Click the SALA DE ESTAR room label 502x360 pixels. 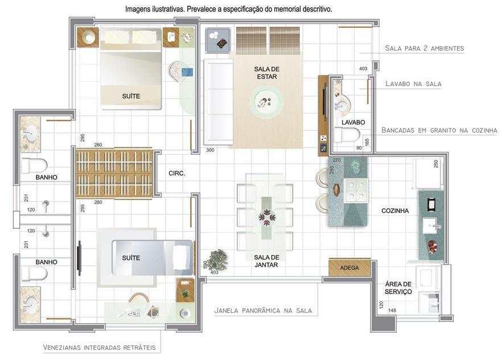(267, 73)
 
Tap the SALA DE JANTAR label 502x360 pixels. (266, 260)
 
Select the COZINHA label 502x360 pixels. (395, 211)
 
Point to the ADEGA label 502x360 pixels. (349, 268)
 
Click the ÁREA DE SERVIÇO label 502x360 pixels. (398, 288)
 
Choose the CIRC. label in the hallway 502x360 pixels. (177, 173)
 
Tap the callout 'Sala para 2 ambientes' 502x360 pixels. (424, 48)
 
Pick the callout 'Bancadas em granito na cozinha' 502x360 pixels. (439, 130)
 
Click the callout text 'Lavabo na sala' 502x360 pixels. (413, 84)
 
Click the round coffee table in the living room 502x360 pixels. (265, 102)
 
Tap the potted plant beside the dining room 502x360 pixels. (216, 260)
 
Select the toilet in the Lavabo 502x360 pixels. (347, 135)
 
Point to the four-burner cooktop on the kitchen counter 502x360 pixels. (356, 189)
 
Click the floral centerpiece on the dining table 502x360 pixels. (266, 217)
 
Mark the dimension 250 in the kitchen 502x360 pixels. (436, 164)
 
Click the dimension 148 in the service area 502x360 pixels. (392, 311)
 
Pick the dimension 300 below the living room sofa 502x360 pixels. (210, 150)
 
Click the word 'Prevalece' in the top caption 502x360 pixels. (197, 10)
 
